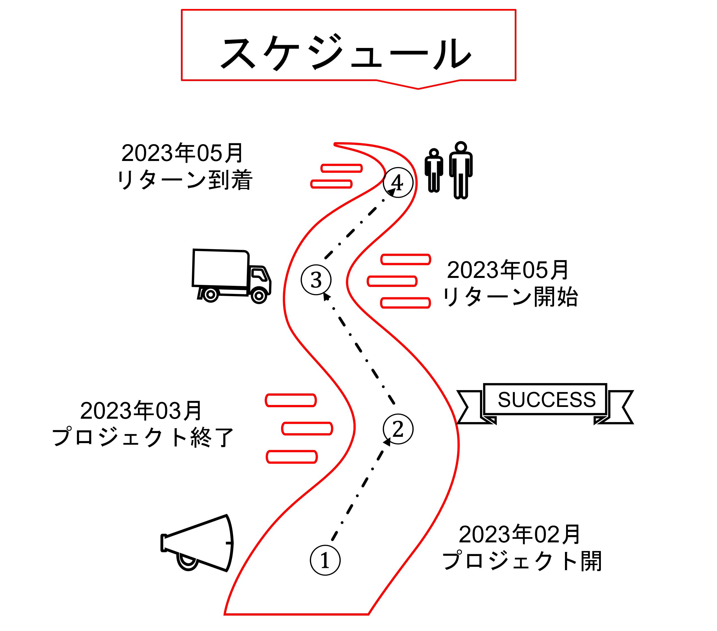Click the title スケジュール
(346, 53)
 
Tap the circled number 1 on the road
(325, 560)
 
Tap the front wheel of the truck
(259, 296)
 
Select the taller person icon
(461, 170)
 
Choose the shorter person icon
(434, 171)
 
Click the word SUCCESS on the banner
(546, 400)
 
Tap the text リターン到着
(185, 180)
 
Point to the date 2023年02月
(520, 535)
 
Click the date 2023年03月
(141, 411)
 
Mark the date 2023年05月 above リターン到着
(182, 153)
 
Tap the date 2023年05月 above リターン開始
(507, 270)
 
